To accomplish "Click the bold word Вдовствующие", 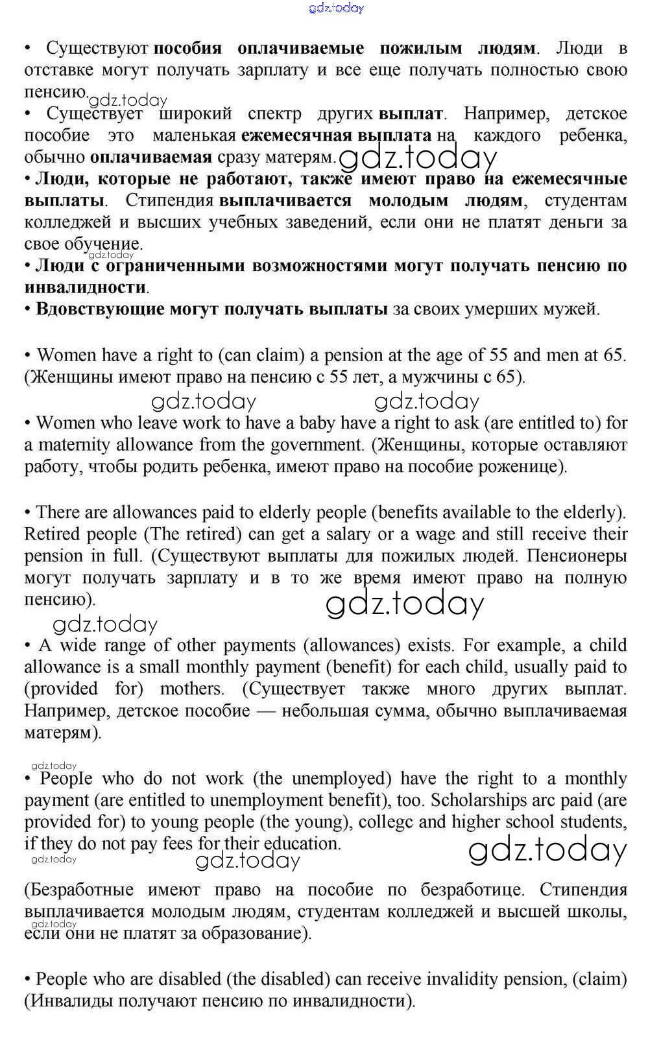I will [100, 309].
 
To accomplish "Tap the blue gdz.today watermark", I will [337, 8].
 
